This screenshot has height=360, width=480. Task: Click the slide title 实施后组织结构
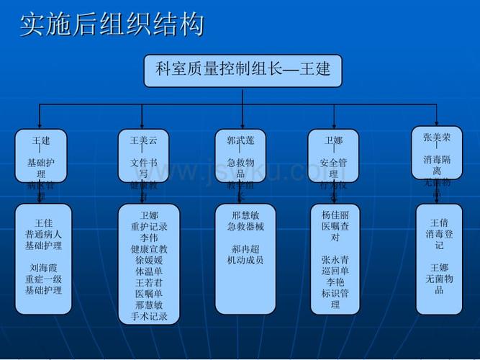[x=112, y=24]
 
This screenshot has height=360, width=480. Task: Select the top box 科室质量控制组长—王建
[x=243, y=71]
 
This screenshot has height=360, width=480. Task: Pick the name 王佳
[x=43, y=222]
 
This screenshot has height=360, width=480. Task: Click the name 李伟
[x=149, y=238]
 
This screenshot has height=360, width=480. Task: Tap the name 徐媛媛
[x=149, y=260]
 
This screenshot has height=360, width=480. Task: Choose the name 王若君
[x=149, y=282]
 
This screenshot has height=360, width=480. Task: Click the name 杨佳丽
[x=335, y=215]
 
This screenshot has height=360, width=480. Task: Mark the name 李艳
[x=335, y=282]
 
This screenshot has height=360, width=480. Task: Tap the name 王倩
[x=439, y=222]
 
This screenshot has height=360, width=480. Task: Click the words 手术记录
[x=149, y=316]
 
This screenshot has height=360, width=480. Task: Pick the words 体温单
[x=149, y=271]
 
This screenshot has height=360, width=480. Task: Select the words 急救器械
[x=245, y=226]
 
